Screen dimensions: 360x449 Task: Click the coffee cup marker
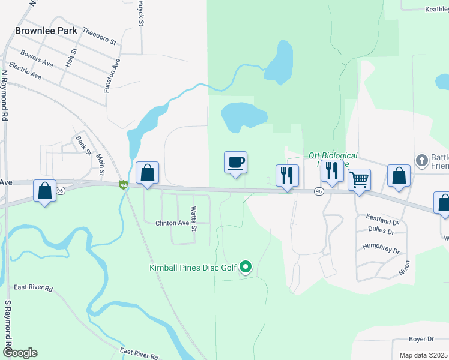[235, 162]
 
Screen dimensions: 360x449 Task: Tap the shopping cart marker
[359, 179]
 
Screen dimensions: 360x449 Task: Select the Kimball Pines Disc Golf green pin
[245, 267]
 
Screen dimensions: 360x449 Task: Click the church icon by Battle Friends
[422, 160]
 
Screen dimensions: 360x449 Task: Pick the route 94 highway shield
[122, 185]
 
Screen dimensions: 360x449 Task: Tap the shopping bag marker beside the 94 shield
[147, 173]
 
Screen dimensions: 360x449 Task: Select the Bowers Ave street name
[37, 59]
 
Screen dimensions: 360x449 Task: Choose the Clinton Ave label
[172, 223]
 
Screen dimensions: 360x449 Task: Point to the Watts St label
[194, 218]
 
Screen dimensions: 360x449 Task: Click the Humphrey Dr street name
[381, 249]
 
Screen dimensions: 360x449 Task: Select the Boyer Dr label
[421, 340]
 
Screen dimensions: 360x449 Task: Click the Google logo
[20, 353]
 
